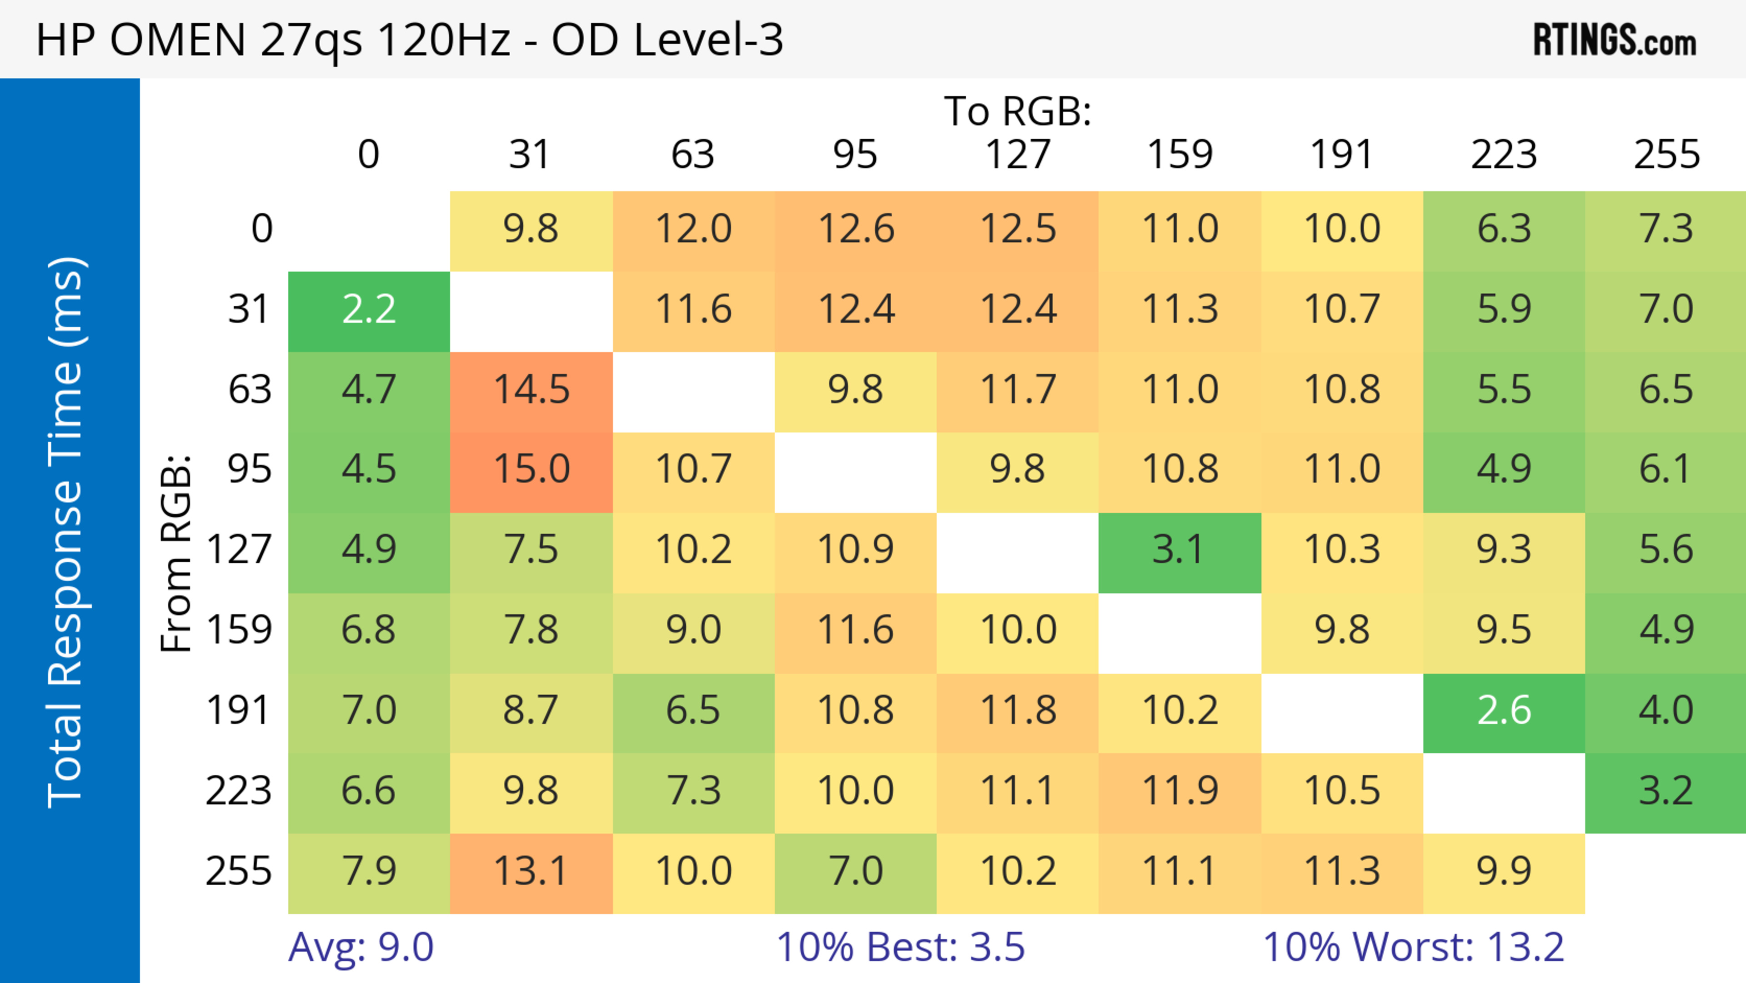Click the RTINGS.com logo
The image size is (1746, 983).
1615,40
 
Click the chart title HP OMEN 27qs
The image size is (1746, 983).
409,40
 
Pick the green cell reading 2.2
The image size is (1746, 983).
369,310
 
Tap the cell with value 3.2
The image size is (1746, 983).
1666,791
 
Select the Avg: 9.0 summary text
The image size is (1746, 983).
361,947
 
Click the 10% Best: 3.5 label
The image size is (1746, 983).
900,947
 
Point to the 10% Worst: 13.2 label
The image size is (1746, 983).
1413,947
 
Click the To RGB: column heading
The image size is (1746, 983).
1018,111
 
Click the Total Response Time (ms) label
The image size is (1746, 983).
66,532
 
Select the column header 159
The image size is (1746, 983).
1179,155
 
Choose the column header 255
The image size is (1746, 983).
1666,155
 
